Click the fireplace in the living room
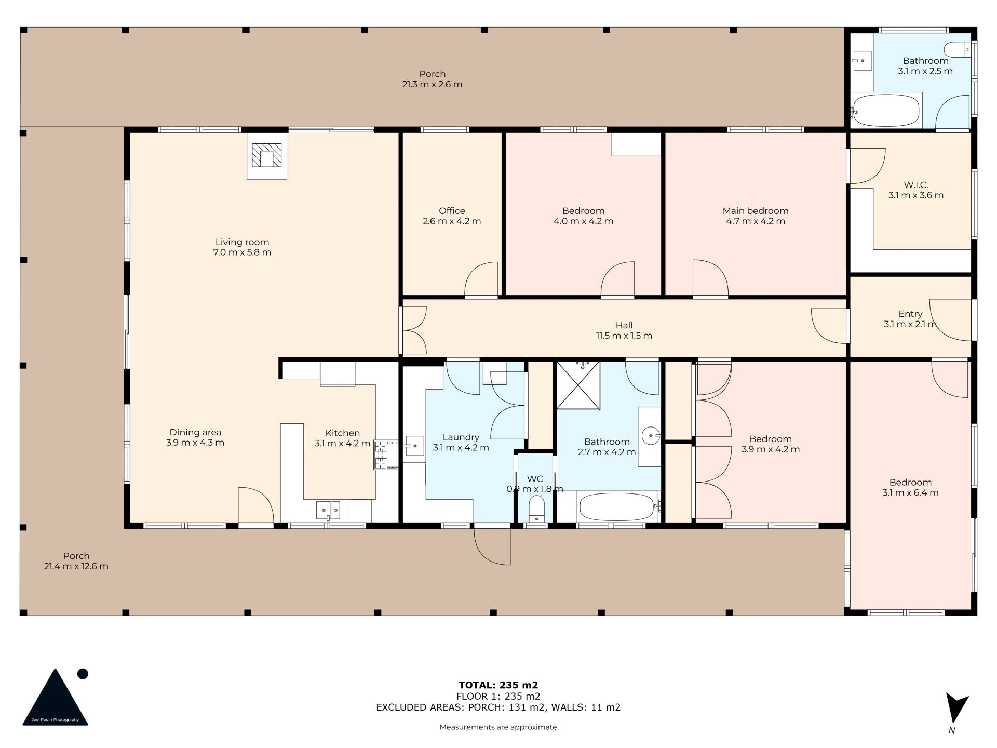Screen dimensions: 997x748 coord(266,155)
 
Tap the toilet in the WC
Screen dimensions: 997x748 coord(536,508)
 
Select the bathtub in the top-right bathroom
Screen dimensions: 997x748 coord(886,110)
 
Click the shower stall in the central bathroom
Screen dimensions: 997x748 coord(578,385)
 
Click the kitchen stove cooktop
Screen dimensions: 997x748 coord(381,455)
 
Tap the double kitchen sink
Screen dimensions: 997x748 coord(328,510)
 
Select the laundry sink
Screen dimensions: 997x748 coord(414,446)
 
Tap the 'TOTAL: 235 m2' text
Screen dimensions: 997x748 coord(498,685)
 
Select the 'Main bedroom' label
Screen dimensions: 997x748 coord(756,211)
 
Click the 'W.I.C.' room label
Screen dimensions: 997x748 coord(916,185)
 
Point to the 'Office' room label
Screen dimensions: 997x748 coord(452,211)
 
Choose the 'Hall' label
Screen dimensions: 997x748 coord(624,326)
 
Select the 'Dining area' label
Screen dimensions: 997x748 coord(195,432)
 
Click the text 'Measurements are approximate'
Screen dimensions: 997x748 coord(498,727)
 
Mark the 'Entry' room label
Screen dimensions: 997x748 coord(910,314)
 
